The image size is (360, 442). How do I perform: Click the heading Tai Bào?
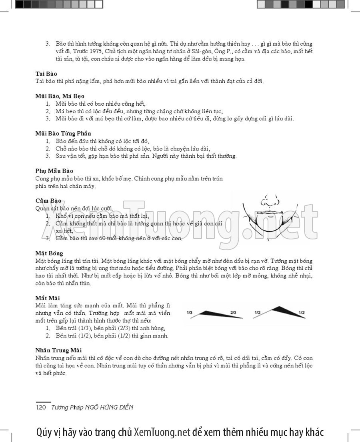[x=46, y=74]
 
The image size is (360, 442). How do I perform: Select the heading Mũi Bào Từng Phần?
[x=63, y=133]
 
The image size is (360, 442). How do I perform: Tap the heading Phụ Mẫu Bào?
[x=54, y=171]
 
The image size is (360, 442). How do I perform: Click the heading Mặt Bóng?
[x=49, y=253]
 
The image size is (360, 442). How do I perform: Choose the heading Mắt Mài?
[x=47, y=298]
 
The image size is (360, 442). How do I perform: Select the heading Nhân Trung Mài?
[x=58, y=350]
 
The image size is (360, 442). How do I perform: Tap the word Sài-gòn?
[x=196, y=51]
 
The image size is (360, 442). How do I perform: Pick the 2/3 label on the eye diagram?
[x=233, y=312]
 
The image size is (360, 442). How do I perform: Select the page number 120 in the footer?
[x=42, y=407]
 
